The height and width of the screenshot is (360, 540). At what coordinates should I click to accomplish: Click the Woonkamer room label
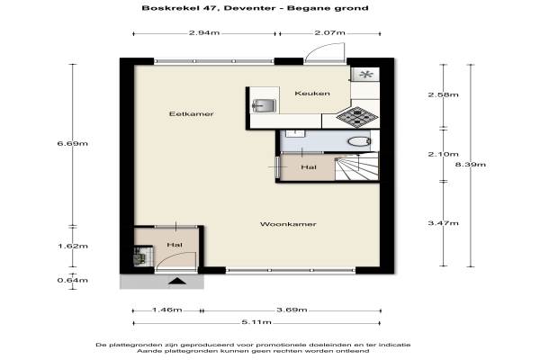point(288,224)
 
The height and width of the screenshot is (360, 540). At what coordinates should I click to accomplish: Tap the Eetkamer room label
point(191,114)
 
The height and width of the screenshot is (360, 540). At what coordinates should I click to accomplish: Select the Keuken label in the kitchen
point(312,94)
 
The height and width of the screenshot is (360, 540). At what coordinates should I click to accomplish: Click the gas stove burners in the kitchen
point(357,117)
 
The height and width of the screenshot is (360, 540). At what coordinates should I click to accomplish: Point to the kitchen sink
point(264,105)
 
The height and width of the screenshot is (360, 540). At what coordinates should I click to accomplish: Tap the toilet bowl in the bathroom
point(359,141)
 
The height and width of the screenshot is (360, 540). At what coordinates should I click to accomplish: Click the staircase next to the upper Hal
point(356,166)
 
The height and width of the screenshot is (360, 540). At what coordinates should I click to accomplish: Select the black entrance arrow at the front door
point(177,281)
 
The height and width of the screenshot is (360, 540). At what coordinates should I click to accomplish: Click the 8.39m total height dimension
point(471,165)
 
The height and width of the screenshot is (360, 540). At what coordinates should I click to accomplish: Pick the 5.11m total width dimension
point(256,322)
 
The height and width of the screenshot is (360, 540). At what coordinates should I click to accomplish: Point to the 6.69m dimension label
point(73,143)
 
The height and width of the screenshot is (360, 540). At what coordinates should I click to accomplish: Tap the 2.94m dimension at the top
point(204,33)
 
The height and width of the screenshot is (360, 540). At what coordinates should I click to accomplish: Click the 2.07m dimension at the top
point(329,33)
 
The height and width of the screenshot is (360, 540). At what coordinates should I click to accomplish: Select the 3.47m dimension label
point(443,223)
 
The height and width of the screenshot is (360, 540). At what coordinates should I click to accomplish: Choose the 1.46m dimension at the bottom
point(167,310)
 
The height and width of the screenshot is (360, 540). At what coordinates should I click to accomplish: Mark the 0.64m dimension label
point(73,281)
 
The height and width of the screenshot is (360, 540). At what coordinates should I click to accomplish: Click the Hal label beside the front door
point(175,245)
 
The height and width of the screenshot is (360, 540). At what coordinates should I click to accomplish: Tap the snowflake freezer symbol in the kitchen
point(365,74)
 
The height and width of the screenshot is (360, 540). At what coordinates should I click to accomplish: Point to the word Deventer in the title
point(249,8)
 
